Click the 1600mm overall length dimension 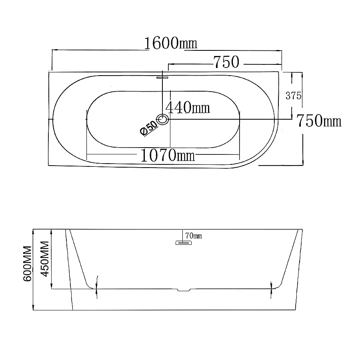(x=170, y=43)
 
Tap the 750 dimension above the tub (x=226, y=62)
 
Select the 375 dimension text (x=293, y=96)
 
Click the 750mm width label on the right (x=319, y=121)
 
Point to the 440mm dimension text (x=188, y=108)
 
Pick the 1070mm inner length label (x=168, y=156)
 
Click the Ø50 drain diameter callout (x=149, y=128)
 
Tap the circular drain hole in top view (x=162, y=119)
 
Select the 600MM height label (x=27, y=264)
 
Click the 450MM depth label (x=45, y=259)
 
